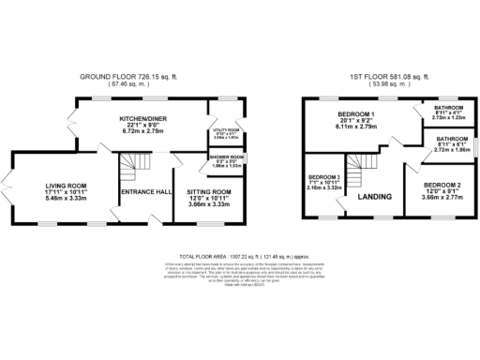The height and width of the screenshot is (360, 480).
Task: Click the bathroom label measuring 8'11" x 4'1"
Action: (447, 108)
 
